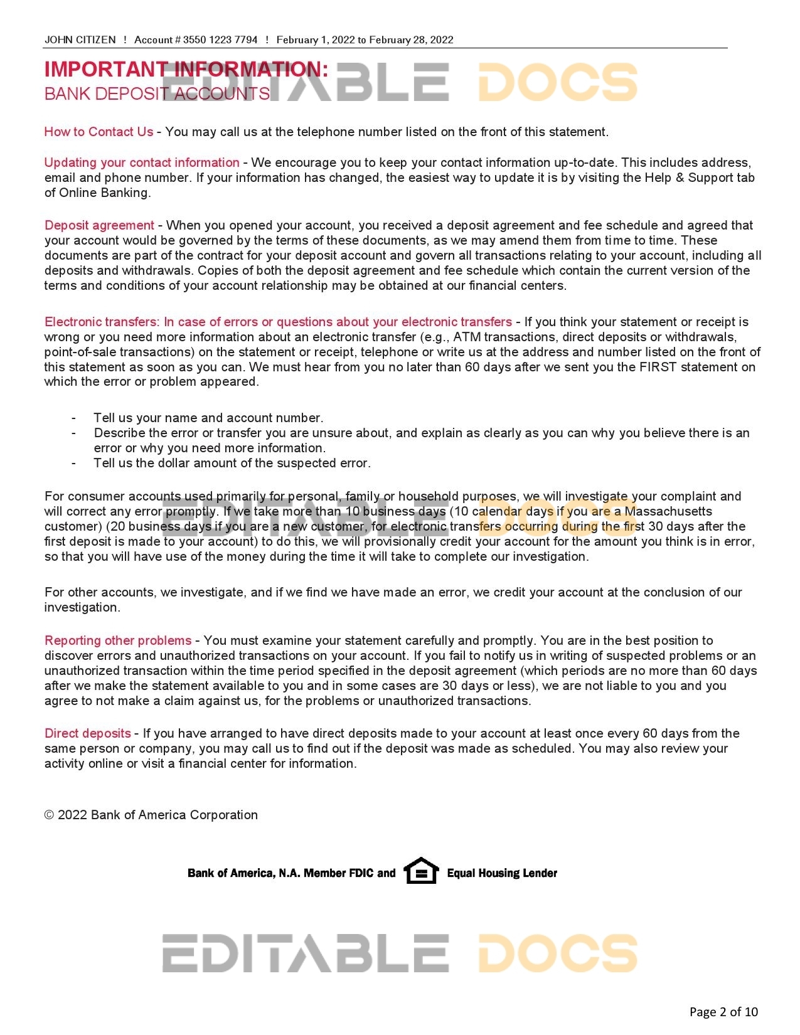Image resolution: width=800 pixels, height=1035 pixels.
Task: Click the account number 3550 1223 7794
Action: [x=220, y=40]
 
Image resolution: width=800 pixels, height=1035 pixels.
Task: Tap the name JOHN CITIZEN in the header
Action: [x=80, y=40]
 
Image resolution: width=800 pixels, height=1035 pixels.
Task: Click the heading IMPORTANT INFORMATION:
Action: [x=186, y=69]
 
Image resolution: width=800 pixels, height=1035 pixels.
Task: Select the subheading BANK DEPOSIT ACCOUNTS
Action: [x=157, y=94]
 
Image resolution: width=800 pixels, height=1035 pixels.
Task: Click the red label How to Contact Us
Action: [x=99, y=132]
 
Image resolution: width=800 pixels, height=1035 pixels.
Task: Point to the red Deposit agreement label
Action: [x=99, y=225]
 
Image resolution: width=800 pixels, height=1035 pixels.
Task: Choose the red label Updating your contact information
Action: [x=142, y=162]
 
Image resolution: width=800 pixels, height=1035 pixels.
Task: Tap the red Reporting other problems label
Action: [x=118, y=640]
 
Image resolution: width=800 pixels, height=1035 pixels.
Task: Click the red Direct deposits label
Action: [x=88, y=733]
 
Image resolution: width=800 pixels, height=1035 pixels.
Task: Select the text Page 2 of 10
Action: [x=723, y=1011]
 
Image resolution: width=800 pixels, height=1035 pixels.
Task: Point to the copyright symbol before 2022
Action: [x=49, y=815]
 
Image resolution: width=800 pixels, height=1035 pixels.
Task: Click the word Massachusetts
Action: [x=668, y=511]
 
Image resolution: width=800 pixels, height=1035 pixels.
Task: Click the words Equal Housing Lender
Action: [x=502, y=873]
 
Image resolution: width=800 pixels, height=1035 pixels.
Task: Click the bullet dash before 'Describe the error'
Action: [x=74, y=433]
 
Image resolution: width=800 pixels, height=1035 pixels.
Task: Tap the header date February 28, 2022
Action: [x=411, y=40]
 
